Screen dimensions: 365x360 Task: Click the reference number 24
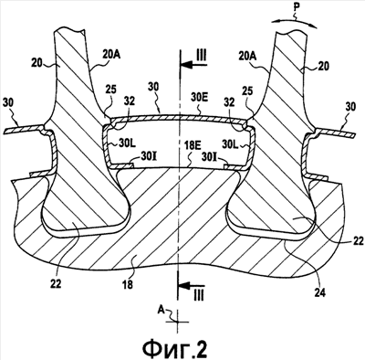[x=318, y=293]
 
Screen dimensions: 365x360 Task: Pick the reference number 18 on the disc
[x=128, y=284]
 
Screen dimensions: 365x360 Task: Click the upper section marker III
[x=201, y=56]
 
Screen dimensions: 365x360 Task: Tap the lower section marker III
[x=199, y=295]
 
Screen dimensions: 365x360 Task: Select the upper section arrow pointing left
[x=193, y=65]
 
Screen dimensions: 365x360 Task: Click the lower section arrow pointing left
[x=192, y=286]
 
